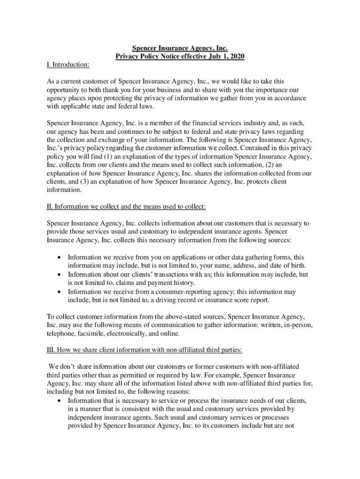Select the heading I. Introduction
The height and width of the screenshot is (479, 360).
point(68,64)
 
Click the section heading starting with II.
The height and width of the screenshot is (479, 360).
point(126,206)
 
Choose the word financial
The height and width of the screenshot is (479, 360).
point(193,123)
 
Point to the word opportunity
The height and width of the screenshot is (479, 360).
point(64,89)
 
